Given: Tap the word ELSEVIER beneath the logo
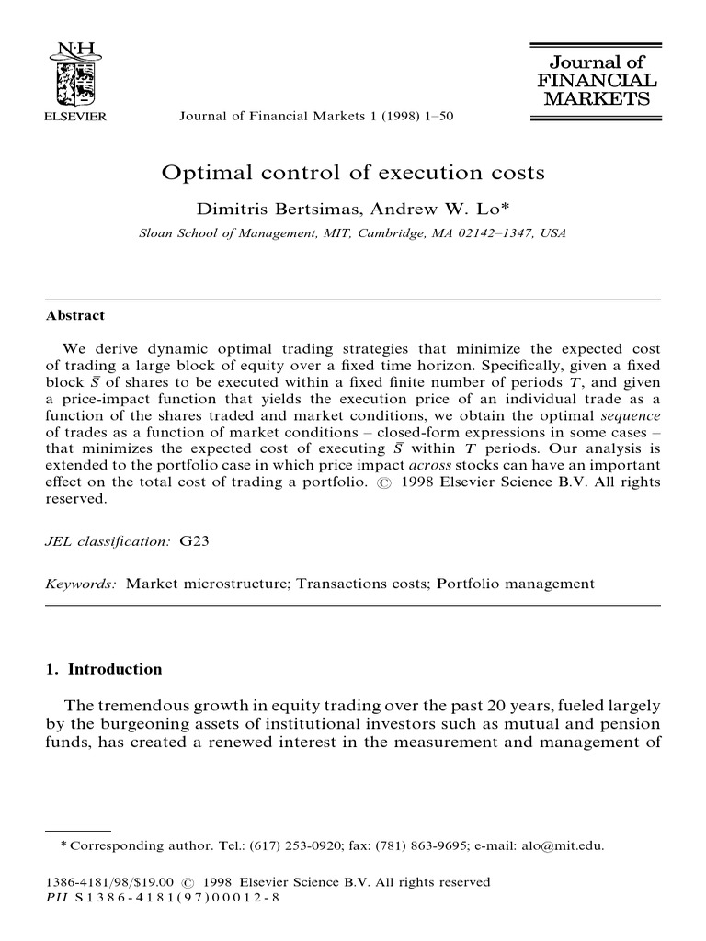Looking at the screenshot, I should tap(76, 117).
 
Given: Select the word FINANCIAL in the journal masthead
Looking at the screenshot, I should tap(598, 80).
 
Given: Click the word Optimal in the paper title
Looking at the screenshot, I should tap(200, 172).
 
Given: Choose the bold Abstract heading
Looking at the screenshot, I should tap(75, 315).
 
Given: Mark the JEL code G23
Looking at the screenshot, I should tap(197, 542).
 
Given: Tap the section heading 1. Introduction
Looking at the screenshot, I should tap(104, 669).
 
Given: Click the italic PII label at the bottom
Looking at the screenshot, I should tap(56, 897).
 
